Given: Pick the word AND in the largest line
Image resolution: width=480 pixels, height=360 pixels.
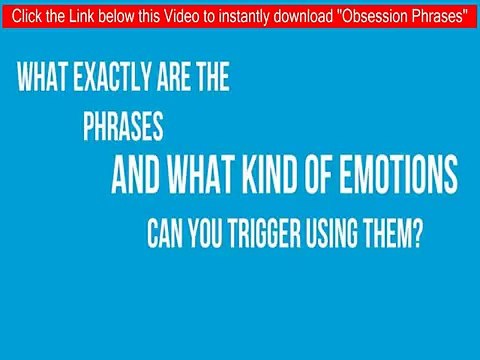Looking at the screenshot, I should (x=139, y=177).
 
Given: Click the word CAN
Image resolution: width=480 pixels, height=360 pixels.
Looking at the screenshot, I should (x=165, y=238).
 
